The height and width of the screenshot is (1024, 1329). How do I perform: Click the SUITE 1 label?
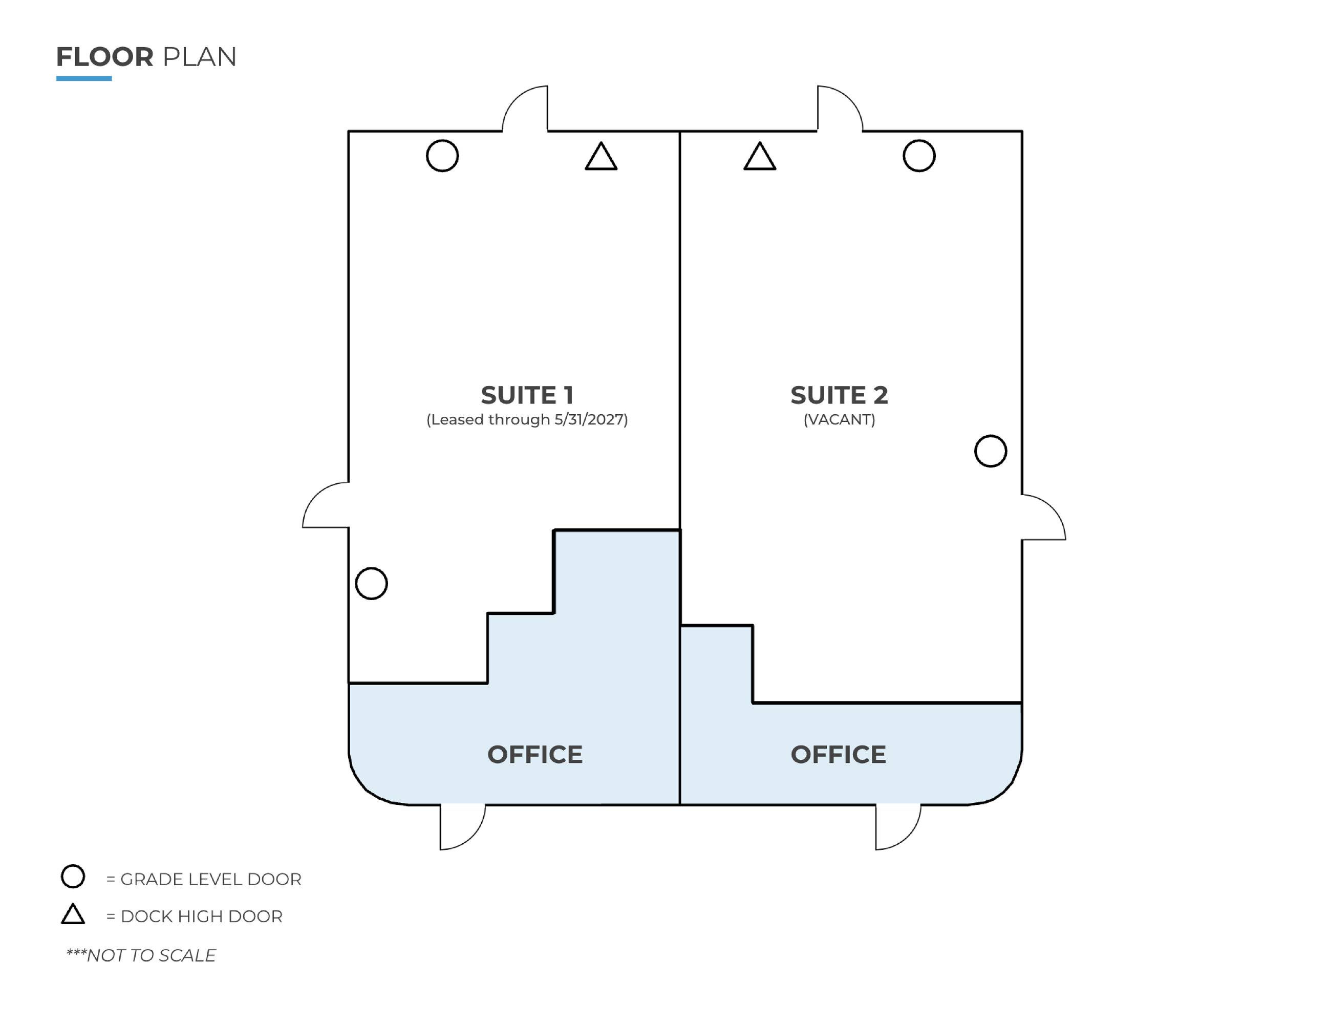pos(527,395)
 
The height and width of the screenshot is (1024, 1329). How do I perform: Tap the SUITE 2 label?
pos(839,395)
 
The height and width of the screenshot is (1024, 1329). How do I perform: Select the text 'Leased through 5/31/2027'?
pos(527,419)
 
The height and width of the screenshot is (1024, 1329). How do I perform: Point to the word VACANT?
pos(839,419)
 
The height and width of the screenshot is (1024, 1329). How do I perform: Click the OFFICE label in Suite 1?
pos(535,755)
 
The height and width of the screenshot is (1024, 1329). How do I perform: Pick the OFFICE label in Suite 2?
pos(838,755)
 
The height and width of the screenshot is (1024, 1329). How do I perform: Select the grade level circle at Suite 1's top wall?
pos(442,141)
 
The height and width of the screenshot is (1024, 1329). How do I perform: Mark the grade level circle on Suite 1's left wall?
pos(371,568)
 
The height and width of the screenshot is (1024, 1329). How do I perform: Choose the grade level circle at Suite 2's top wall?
pos(919,141)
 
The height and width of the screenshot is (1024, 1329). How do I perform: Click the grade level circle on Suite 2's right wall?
pos(991,436)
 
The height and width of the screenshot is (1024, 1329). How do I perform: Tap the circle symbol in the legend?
pos(73,865)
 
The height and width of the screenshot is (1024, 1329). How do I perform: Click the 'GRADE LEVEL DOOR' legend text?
pos(210,879)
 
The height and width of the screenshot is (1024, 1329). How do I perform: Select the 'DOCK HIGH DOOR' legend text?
pos(201,916)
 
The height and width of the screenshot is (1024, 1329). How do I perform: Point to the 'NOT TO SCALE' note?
pos(151,955)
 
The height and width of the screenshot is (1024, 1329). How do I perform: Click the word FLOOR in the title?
pos(104,57)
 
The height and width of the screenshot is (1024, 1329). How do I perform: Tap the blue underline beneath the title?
pos(84,78)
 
